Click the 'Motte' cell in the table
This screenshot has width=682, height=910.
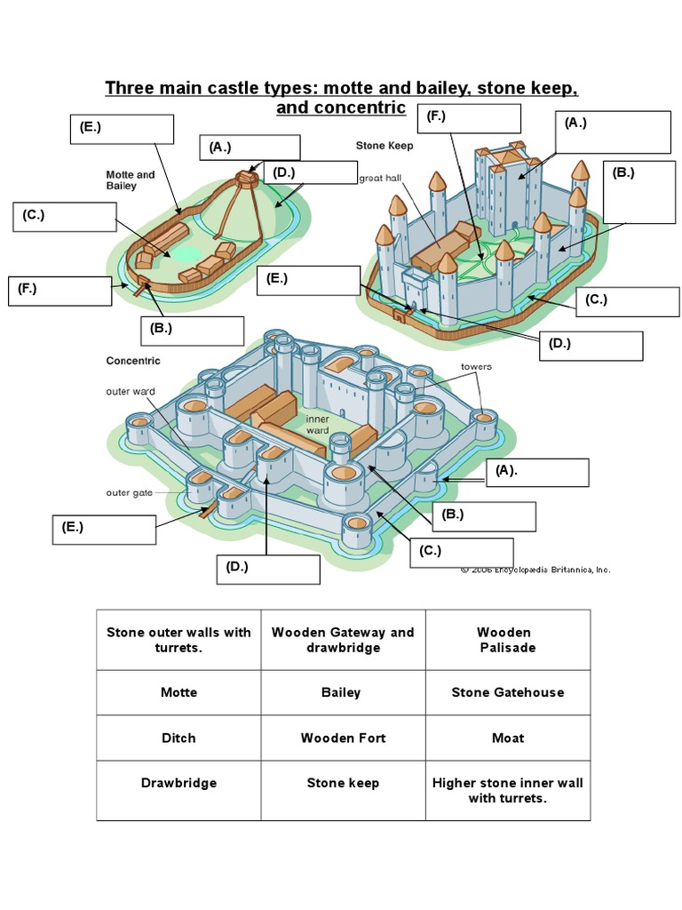pos(178,692)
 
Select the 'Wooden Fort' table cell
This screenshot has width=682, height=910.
pos(343,738)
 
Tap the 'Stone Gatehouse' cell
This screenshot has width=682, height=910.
pos(507,692)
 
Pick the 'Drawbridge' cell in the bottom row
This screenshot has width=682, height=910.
pos(178,783)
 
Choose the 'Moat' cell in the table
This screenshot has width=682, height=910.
pos(507,738)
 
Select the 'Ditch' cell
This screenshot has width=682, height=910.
pos(178,738)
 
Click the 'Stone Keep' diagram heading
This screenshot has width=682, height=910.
pos(384,145)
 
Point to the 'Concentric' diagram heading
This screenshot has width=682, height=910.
pos(133,361)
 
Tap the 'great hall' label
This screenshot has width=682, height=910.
pos(380,178)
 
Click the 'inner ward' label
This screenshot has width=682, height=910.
pos(317,424)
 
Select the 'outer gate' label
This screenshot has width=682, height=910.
pos(130,493)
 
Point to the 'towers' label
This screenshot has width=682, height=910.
pos(476,366)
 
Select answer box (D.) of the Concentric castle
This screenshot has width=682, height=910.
pos(268,569)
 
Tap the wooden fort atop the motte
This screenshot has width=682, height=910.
pos(249,175)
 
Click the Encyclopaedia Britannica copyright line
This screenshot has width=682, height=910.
pos(535,570)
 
